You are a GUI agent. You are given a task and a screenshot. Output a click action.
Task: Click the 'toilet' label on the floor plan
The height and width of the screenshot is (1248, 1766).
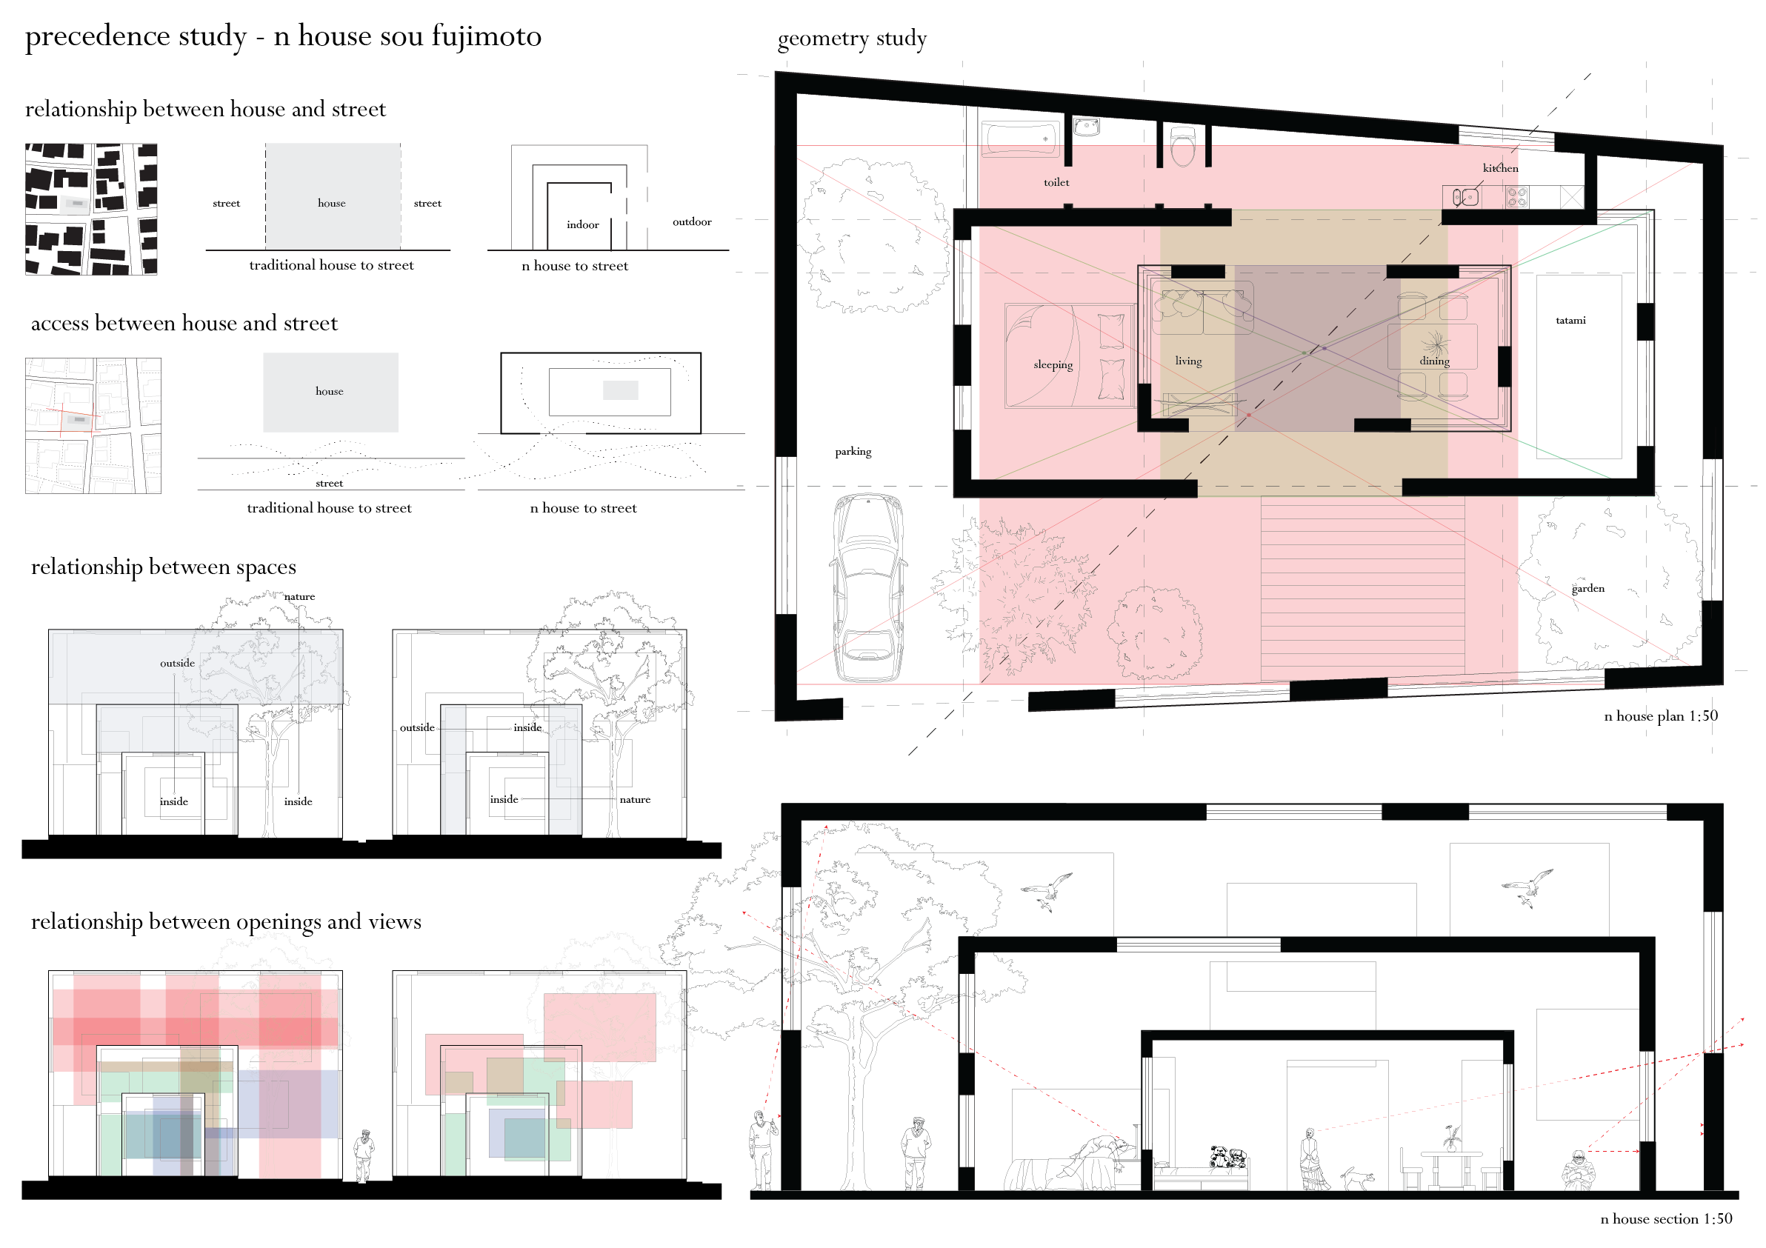(1056, 182)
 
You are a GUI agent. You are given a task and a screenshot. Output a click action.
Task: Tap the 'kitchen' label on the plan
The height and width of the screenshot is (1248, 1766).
(1500, 167)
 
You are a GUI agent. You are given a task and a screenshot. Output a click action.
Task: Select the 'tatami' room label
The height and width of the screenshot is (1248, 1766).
(1570, 320)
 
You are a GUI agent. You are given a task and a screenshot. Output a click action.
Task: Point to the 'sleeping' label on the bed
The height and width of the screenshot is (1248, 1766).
(1052, 364)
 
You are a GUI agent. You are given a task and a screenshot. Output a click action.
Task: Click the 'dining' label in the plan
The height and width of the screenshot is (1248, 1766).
(1434, 361)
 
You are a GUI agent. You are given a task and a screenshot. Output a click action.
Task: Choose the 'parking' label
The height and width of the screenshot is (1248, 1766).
(853, 451)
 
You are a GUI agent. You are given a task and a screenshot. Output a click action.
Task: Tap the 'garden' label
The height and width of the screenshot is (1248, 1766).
(1587, 588)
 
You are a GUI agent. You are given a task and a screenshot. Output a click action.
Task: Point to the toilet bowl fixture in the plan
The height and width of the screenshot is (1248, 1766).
(1182, 146)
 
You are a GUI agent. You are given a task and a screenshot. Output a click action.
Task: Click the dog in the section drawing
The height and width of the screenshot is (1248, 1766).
(1358, 1176)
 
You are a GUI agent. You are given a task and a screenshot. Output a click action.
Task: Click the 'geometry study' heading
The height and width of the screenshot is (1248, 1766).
(851, 39)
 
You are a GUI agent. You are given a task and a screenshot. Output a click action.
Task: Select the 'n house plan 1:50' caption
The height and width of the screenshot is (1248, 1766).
(1661, 716)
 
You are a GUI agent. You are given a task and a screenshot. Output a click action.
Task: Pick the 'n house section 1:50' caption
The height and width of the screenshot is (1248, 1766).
(1666, 1219)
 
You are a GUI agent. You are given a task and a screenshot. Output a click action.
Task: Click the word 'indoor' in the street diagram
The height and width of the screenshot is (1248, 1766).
(582, 224)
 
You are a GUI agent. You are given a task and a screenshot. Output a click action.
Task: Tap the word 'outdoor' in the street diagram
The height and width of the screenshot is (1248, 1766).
(691, 221)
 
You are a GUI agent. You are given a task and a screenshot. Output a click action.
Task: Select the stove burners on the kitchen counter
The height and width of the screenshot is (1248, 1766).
(1517, 197)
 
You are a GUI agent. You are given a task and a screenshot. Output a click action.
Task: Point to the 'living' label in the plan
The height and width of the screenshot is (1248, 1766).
(1187, 361)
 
